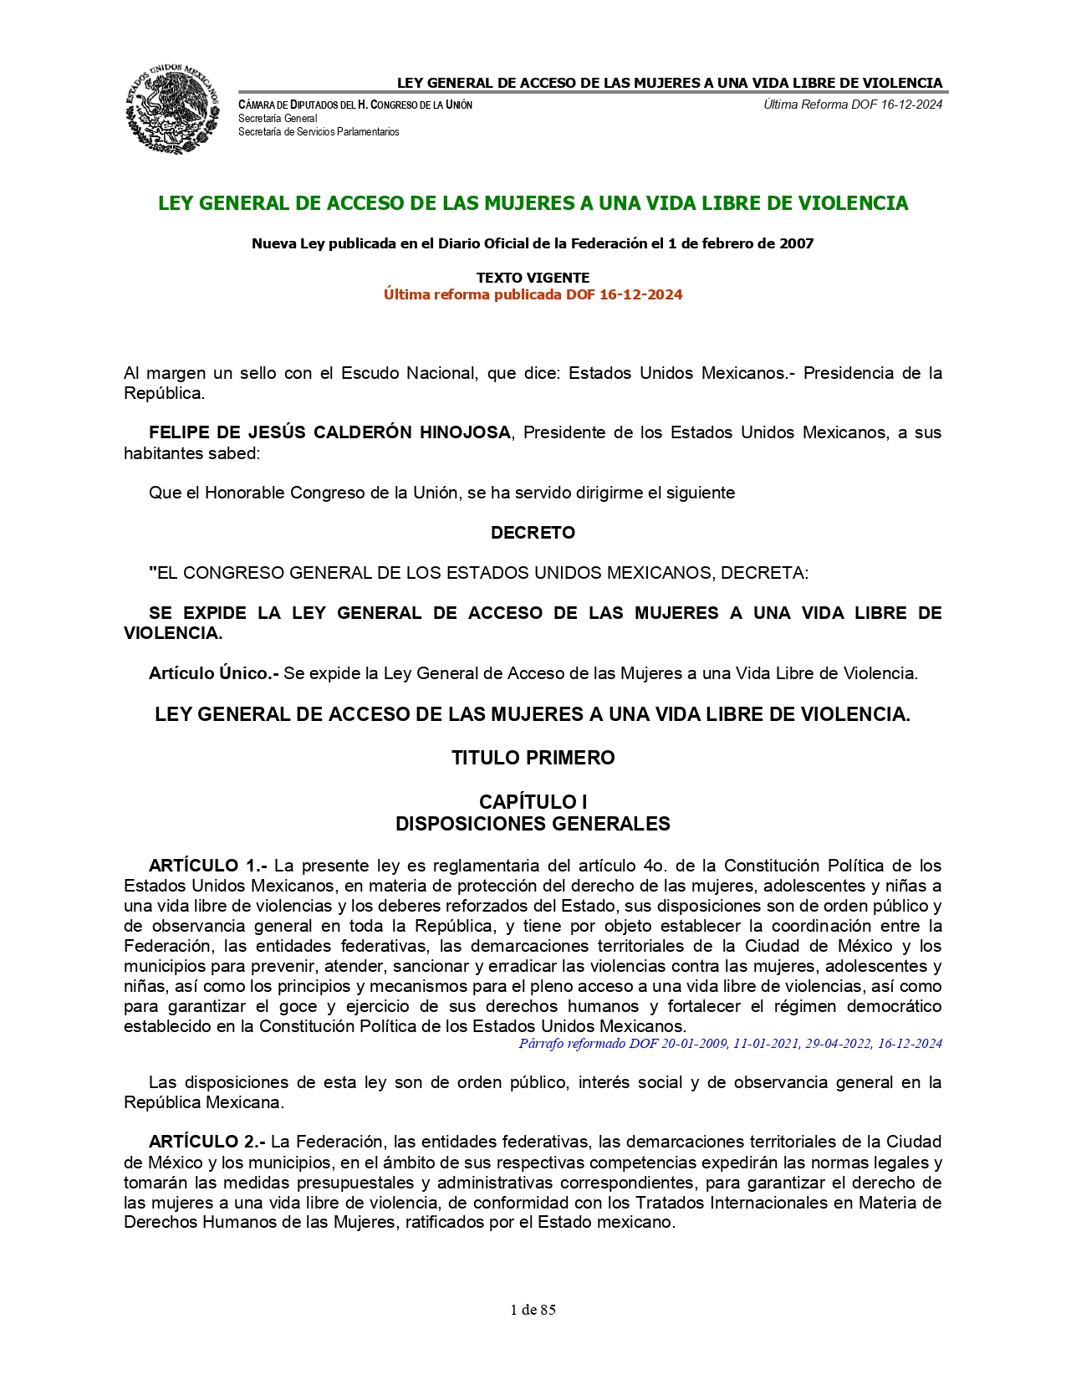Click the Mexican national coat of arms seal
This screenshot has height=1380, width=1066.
coord(172,109)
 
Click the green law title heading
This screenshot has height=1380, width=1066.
coord(533,203)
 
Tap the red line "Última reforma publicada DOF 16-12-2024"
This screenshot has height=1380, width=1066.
coord(533,294)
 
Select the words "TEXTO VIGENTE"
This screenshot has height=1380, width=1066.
coord(533,278)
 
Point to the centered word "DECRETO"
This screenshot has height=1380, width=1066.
coord(533,533)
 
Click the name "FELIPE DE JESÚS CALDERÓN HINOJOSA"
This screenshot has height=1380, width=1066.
coord(329,432)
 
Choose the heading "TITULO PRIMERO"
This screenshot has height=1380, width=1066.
coord(533,758)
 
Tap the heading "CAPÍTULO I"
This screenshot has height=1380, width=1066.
coord(533,802)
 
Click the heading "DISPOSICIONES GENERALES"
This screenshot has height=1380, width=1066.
coord(533,824)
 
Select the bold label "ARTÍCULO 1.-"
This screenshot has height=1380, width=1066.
coord(207,866)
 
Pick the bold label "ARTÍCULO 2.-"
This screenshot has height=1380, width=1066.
coord(207,1142)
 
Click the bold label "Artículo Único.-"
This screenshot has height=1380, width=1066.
coord(213,673)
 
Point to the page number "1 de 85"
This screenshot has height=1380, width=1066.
coord(533,1310)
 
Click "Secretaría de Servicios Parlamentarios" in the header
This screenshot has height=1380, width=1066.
coord(319,132)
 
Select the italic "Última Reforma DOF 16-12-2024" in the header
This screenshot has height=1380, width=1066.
coord(853,105)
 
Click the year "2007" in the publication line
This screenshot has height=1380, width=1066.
coord(796,243)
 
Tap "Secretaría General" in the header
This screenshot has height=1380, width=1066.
coord(278,119)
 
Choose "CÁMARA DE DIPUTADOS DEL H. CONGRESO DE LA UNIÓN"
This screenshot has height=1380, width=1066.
coord(355,105)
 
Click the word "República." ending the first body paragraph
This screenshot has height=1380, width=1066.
coord(164,393)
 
